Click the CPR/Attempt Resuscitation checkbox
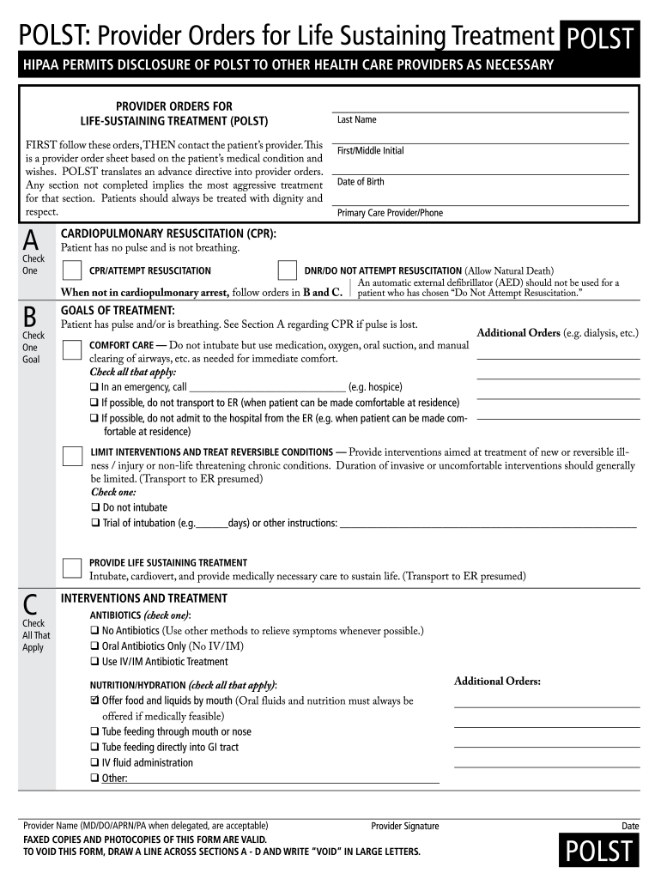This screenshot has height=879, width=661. pyautogui.click(x=71, y=271)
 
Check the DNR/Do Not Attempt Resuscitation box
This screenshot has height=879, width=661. pyautogui.click(x=288, y=271)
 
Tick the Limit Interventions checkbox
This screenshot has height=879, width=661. pyautogui.click(x=73, y=456)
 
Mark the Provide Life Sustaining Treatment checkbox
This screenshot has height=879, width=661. pyautogui.click(x=73, y=567)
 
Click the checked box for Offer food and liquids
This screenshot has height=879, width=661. pyautogui.click(x=94, y=700)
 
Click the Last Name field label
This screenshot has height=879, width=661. pyautogui.click(x=356, y=120)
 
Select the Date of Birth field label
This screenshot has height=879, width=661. pyautogui.click(x=361, y=182)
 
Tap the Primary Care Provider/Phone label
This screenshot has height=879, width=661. pyautogui.click(x=390, y=213)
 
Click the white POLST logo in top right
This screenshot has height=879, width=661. pyautogui.click(x=600, y=39)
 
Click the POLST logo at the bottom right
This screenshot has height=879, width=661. pyautogui.click(x=600, y=851)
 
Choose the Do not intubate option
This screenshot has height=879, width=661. pyautogui.click(x=134, y=507)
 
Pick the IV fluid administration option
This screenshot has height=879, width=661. pyautogui.click(x=146, y=762)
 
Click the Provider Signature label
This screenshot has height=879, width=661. pyautogui.click(x=404, y=827)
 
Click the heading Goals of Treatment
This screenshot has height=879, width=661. pyautogui.click(x=118, y=310)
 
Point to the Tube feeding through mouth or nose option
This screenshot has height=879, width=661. pyautogui.click(x=176, y=731)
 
